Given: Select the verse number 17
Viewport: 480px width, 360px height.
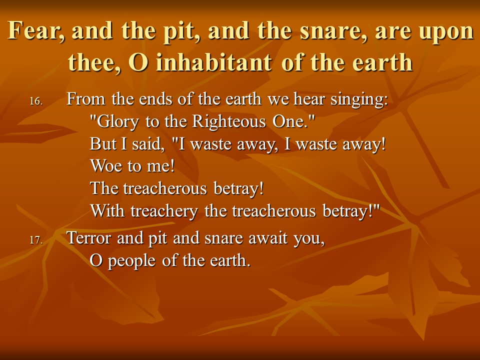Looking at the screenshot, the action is click(x=36, y=240).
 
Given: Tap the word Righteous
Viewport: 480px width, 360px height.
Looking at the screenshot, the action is click(x=229, y=122).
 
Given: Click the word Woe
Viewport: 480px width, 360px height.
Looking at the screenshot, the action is click(x=106, y=166).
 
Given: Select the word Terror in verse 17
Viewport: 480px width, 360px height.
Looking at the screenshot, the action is click(x=89, y=238).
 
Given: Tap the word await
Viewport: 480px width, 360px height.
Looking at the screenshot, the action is click(x=268, y=238).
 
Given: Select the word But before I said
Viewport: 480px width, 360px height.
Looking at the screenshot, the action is click(x=103, y=144).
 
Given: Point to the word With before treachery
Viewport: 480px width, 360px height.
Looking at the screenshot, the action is click(x=107, y=210).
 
